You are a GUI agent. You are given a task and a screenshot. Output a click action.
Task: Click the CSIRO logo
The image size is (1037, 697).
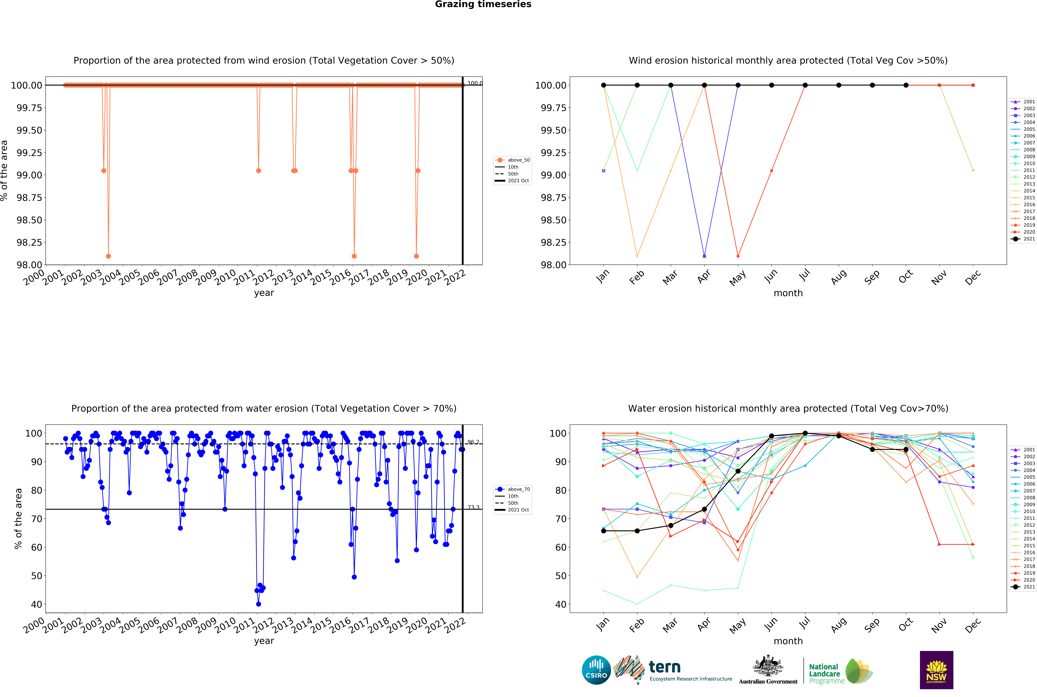point(596,670)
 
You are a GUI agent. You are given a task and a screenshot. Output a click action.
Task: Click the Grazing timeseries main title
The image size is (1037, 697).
point(483,4)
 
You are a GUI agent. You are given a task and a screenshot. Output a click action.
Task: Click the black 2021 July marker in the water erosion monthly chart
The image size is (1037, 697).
point(805,433)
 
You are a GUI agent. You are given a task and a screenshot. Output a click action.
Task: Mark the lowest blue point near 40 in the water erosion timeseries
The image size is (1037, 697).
point(258,604)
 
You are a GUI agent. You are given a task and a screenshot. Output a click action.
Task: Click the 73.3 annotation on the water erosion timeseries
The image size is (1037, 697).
point(473,507)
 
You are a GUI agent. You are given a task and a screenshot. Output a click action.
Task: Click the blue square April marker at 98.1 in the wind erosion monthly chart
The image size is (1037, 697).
point(704,256)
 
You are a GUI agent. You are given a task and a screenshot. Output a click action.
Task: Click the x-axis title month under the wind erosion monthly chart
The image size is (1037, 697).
point(788,293)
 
